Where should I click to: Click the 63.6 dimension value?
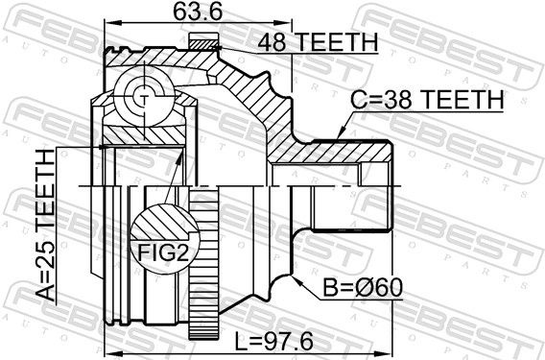point(198,12)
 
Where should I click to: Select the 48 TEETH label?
point(318,42)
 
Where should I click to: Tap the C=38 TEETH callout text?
point(427,100)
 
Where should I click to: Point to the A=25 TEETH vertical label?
point(46,226)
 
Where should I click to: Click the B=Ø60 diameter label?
point(363,288)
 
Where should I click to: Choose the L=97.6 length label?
point(274,341)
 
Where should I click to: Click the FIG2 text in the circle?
point(163,252)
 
